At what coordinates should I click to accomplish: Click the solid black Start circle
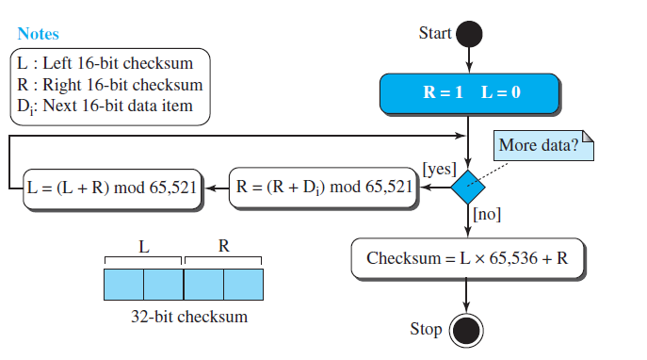[x=468, y=35]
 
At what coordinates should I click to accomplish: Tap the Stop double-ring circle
[x=466, y=330]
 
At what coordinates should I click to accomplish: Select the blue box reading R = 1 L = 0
[x=469, y=94]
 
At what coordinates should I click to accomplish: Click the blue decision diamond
[x=468, y=187]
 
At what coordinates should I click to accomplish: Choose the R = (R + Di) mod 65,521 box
[x=324, y=187]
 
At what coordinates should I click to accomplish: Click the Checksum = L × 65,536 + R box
[x=467, y=258]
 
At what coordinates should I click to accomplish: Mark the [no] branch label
[x=488, y=215]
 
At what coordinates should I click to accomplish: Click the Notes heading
[x=38, y=34]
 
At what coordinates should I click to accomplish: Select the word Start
[x=434, y=33]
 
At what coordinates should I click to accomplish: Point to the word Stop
[x=426, y=329]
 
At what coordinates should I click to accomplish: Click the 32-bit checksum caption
[x=188, y=317]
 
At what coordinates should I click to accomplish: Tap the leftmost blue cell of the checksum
[x=123, y=283]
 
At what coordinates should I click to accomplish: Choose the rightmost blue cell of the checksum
[x=243, y=283]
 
